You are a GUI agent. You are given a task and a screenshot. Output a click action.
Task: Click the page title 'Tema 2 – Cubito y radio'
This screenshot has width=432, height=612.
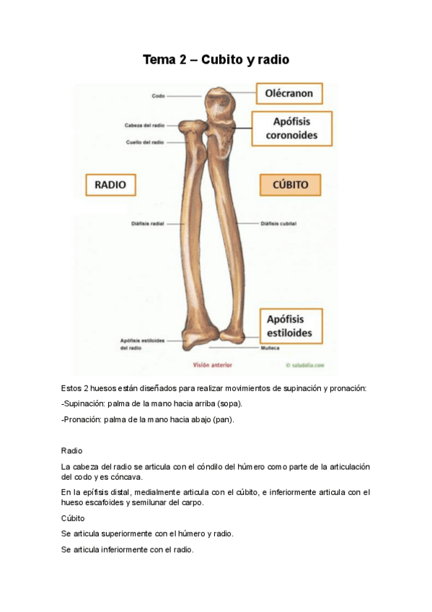(216, 60)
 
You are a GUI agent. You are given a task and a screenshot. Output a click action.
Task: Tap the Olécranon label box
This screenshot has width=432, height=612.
(289, 94)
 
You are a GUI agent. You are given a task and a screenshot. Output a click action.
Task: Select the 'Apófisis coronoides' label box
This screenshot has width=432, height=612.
(291, 128)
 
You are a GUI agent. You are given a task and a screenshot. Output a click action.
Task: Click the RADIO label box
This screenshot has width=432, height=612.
(110, 185)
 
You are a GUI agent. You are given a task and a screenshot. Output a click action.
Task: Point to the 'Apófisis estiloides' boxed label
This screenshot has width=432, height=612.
(291, 326)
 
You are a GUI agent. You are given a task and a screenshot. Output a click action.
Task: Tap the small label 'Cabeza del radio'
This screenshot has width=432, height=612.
(144, 126)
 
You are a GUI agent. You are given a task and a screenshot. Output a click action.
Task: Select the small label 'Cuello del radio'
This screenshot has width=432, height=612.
(144, 142)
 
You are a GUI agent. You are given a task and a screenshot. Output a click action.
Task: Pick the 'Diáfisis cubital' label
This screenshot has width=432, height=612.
(278, 224)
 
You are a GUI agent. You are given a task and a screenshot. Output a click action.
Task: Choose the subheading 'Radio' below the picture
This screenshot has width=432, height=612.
(73, 450)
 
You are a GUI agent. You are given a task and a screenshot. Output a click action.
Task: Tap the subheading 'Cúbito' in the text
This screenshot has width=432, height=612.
(74, 518)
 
